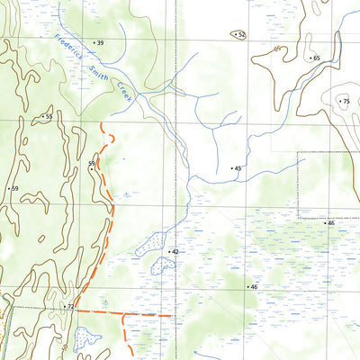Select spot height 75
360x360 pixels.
point(345,102)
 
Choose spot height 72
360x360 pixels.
point(68,307)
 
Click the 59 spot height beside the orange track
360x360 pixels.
point(91,163)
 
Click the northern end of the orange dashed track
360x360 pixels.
point(103,124)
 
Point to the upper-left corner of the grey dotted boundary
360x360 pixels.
point(300,154)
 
